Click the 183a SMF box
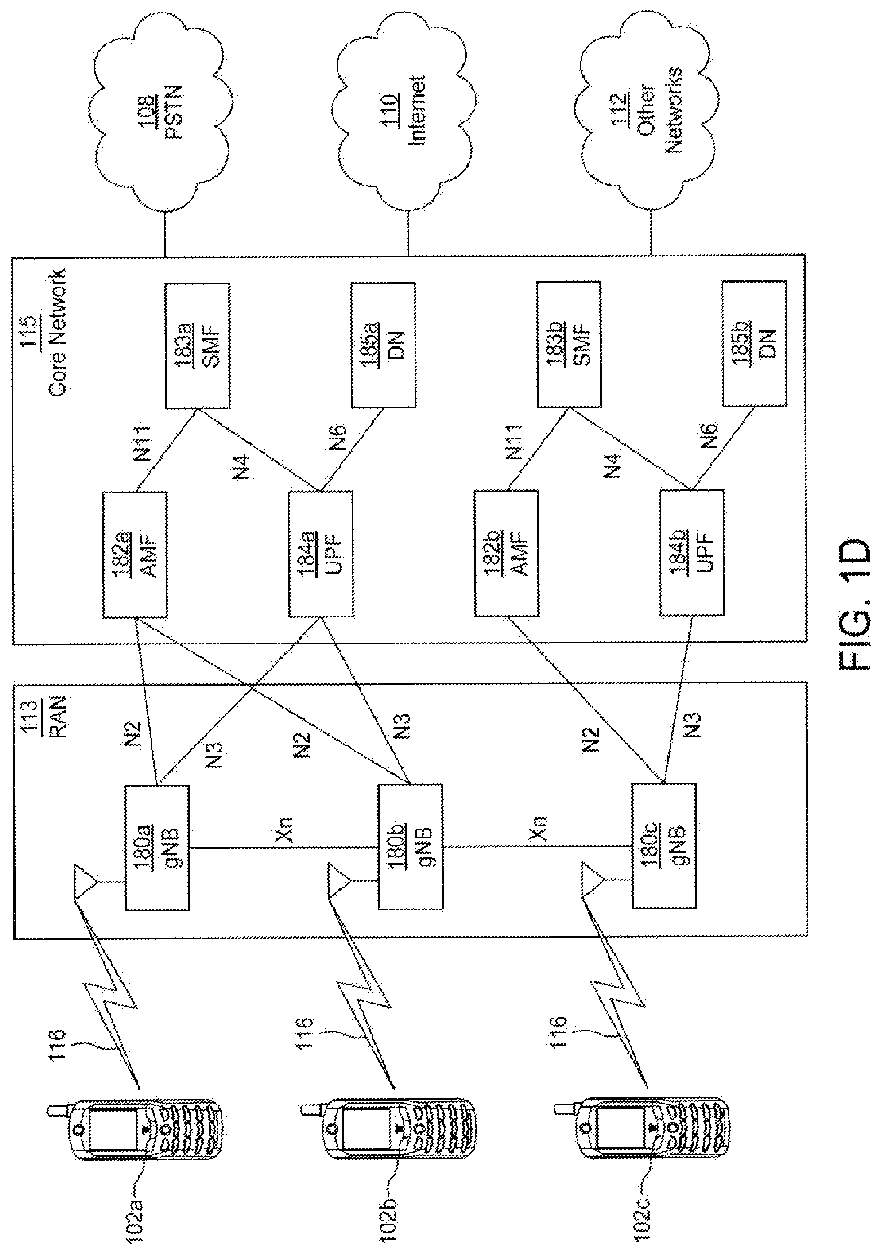197,346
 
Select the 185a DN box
383,345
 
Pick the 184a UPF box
320,554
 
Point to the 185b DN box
754,344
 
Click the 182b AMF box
506,553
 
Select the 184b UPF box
692,553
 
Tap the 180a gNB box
157,847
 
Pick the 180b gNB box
410,847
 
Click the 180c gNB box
664,846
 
